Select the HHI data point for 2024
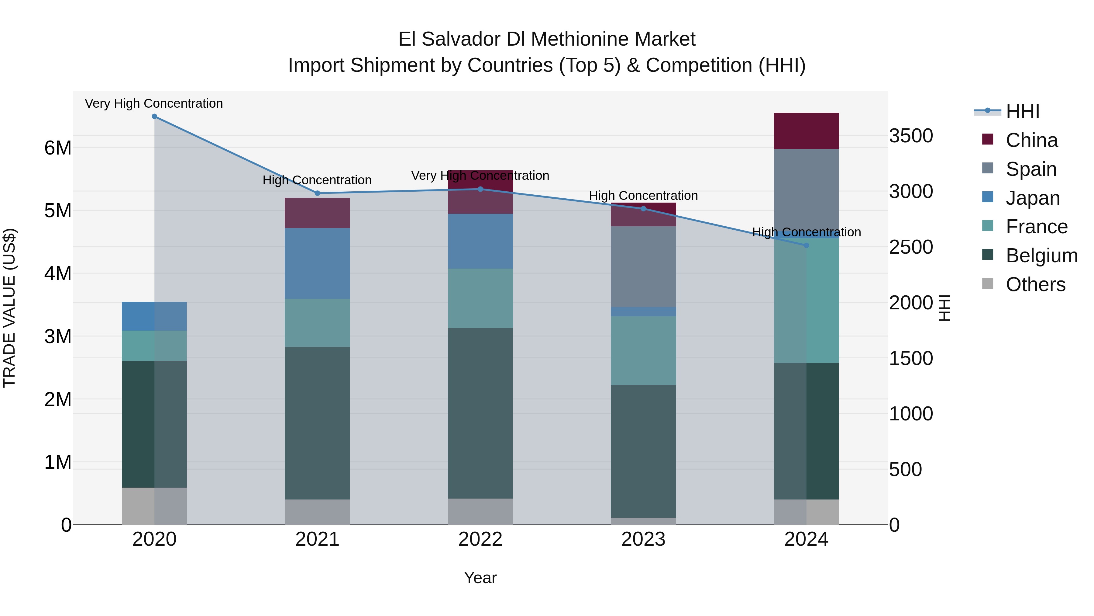click(x=807, y=245)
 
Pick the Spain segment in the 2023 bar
click(x=643, y=266)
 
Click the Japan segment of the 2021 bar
click(x=317, y=263)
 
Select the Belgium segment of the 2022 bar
click(x=480, y=413)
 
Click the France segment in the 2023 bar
click(x=643, y=350)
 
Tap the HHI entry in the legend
click(x=1022, y=111)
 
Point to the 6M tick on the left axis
click(x=58, y=148)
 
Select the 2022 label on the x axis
click(x=480, y=539)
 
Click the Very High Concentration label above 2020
click(x=154, y=103)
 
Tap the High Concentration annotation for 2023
click(x=643, y=196)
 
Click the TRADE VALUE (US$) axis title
click(x=9, y=308)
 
